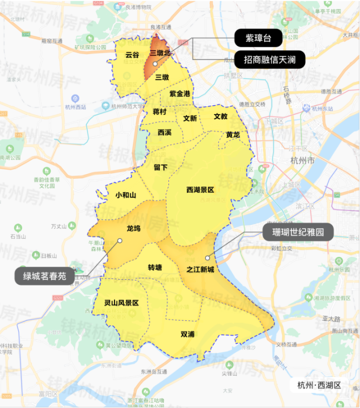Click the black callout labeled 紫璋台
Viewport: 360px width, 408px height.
tap(258, 38)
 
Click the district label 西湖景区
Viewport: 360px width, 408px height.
tap(200, 190)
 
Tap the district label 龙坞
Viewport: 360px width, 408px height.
tap(134, 229)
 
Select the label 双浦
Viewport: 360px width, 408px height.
tap(188, 334)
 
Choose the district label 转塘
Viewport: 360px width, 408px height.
tap(155, 267)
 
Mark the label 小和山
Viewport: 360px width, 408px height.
tap(126, 195)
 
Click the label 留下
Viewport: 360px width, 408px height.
tap(161, 167)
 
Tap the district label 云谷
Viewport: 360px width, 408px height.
tap(133, 55)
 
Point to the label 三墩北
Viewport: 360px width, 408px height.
tap(163, 53)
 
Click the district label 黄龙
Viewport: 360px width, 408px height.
tap(233, 135)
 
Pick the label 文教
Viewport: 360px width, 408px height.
tap(220, 116)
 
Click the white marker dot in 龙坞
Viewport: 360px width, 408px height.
tap(120, 241)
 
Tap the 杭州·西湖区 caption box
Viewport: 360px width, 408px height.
tap(319, 385)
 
